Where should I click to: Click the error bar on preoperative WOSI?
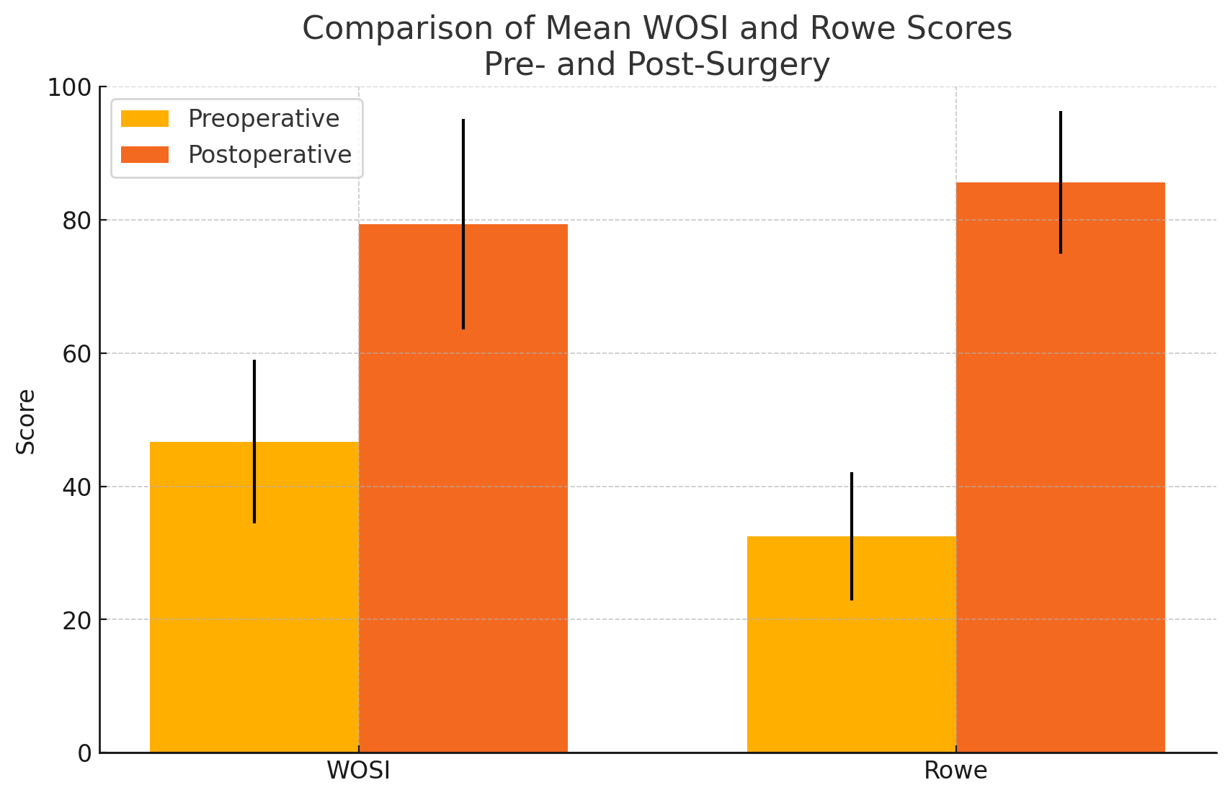[x=254, y=404]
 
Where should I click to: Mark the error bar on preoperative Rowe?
[x=852, y=505]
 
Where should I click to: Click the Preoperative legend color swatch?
[x=145, y=119]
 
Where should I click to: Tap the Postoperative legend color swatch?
[x=145, y=155]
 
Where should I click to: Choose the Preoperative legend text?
[x=264, y=119]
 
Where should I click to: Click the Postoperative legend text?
[x=269, y=155]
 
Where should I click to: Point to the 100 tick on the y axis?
[x=70, y=88]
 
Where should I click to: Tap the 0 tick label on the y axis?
[x=84, y=753]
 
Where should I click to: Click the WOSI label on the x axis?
[x=359, y=771]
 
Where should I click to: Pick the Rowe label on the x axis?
[x=955, y=771]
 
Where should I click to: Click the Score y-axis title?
[x=26, y=422]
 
